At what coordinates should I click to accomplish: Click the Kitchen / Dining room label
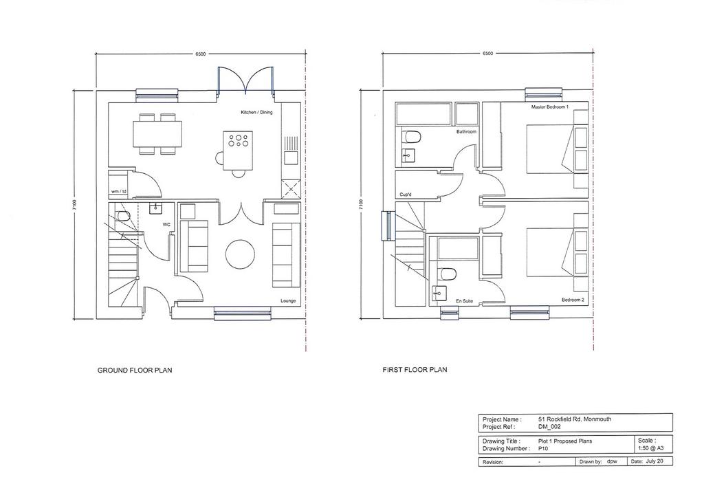click(x=256, y=112)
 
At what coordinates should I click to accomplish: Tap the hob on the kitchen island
click(x=238, y=140)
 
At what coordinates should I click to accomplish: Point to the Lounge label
click(x=288, y=301)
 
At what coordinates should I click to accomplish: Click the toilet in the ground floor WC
click(x=122, y=217)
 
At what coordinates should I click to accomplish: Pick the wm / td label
click(x=118, y=192)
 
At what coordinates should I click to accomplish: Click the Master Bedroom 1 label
click(x=549, y=107)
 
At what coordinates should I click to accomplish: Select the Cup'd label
click(x=406, y=195)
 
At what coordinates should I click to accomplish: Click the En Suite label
click(x=464, y=301)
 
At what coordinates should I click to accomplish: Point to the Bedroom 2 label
click(x=573, y=300)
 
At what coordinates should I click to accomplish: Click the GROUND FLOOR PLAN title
click(x=135, y=371)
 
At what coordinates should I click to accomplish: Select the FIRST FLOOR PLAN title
click(x=415, y=370)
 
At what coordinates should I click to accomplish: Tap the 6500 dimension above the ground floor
click(x=201, y=54)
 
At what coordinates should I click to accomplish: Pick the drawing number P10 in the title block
click(x=543, y=448)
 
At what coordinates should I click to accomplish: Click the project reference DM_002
click(x=549, y=427)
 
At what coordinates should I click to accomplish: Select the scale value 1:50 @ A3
click(x=650, y=448)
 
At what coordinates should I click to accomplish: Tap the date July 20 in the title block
click(x=654, y=461)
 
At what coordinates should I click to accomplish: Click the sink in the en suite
click(x=438, y=294)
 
